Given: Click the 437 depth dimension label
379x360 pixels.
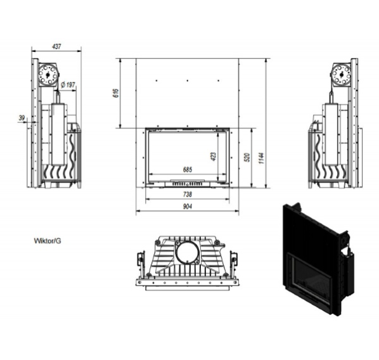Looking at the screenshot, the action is [x=56, y=46].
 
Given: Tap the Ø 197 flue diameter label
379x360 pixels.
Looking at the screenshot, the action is [x=68, y=85].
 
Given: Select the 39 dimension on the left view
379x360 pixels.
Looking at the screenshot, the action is [x=22, y=118].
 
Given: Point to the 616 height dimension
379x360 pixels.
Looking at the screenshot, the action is [x=116, y=93].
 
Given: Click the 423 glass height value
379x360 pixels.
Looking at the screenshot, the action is [x=214, y=157].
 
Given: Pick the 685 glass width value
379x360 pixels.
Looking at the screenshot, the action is [x=188, y=169].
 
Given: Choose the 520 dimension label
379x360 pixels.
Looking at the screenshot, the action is [x=247, y=157].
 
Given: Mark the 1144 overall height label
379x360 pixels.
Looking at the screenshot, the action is [x=262, y=158].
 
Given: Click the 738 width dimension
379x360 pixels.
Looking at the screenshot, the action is [x=188, y=194].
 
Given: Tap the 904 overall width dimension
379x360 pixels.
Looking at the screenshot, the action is [x=188, y=206].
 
